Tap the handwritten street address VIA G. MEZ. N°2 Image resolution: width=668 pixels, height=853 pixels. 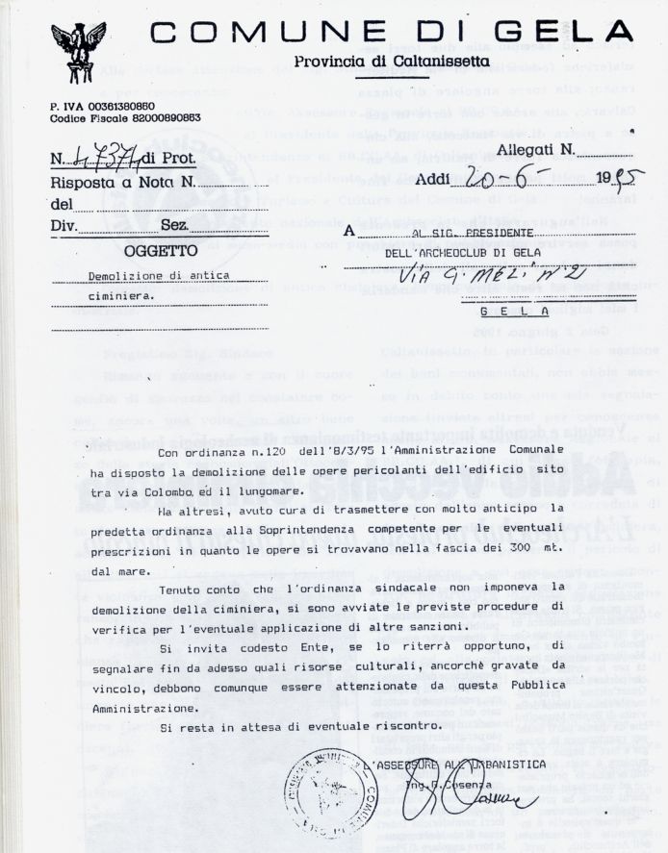(x=472, y=276)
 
